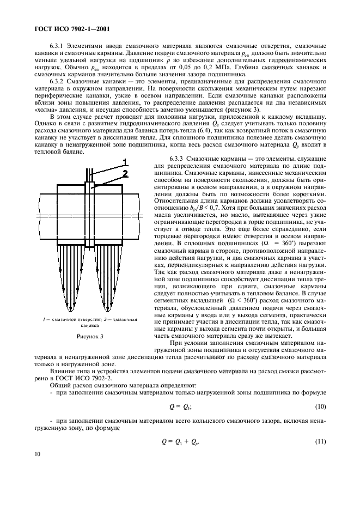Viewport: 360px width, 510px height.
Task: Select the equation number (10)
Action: point(321,407)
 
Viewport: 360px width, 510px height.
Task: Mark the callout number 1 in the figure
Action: point(125,162)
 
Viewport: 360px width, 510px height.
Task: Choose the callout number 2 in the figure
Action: point(125,173)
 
